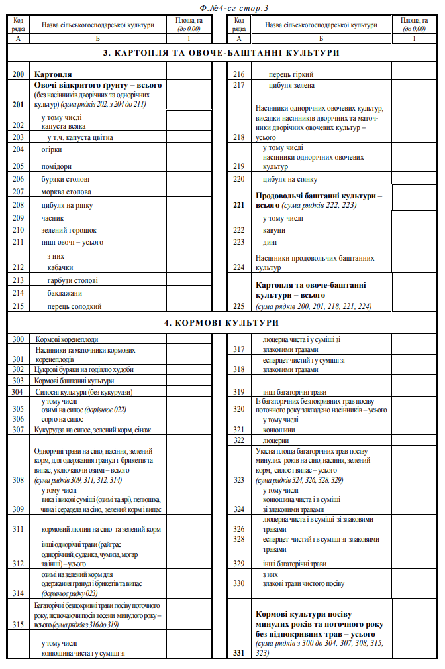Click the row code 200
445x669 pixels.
point(18,74)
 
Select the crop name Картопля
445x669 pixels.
point(53,74)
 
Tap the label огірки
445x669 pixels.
point(52,149)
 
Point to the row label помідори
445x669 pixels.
point(56,166)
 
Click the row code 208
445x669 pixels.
point(18,205)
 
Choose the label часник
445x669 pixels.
point(52,217)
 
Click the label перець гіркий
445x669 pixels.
point(291,74)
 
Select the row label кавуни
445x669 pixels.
point(274,230)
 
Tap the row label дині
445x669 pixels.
point(270,242)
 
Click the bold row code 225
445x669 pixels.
point(239,306)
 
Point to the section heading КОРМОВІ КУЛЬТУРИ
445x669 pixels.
point(222,323)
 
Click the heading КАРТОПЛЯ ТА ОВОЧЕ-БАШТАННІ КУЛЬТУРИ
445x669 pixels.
point(222,52)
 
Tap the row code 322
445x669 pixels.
point(239,440)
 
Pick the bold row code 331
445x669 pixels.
point(239,653)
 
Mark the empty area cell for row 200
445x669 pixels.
point(189,74)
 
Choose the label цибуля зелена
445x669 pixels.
point(292,85)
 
